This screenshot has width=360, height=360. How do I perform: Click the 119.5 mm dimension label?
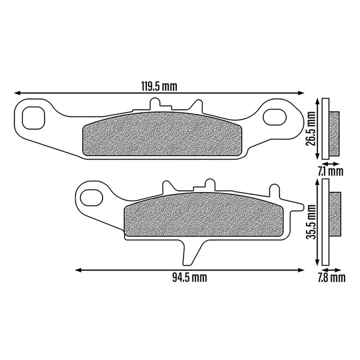tap(160, 86)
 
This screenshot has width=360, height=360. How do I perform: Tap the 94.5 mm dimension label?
tap(190, 277)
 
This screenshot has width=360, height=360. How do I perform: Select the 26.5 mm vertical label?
tap(311, 129)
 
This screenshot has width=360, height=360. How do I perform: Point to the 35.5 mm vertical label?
tap(311, 222)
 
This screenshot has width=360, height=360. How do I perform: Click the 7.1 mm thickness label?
tap(331, 172)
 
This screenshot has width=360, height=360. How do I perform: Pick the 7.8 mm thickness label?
tap(332, 278)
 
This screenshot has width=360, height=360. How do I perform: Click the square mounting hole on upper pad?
tap(33, 118)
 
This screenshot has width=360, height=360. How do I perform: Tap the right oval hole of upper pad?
tap(275, 118)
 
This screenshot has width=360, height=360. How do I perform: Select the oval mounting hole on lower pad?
tap(91, 197)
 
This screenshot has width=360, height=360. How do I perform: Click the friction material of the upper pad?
tap(161, 134)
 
